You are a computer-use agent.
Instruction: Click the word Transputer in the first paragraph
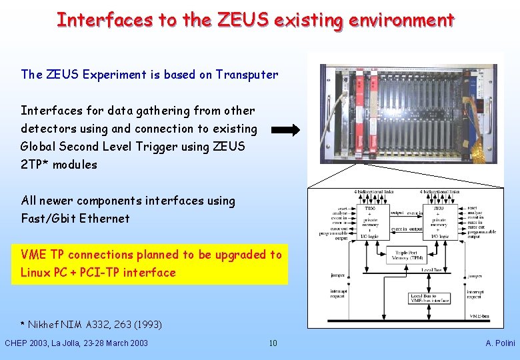(x=247, y=75)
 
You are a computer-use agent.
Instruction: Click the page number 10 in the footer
(x=273, y=343)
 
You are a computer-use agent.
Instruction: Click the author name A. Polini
(x=500, y=343)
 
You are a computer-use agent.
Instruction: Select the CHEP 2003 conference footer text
(x=76, y=343)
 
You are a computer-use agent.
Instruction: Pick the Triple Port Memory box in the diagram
(x=409, y=255)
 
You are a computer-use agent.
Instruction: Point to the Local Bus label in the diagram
(x=431, y=270)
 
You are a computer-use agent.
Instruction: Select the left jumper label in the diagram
(x=339, y=274)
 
